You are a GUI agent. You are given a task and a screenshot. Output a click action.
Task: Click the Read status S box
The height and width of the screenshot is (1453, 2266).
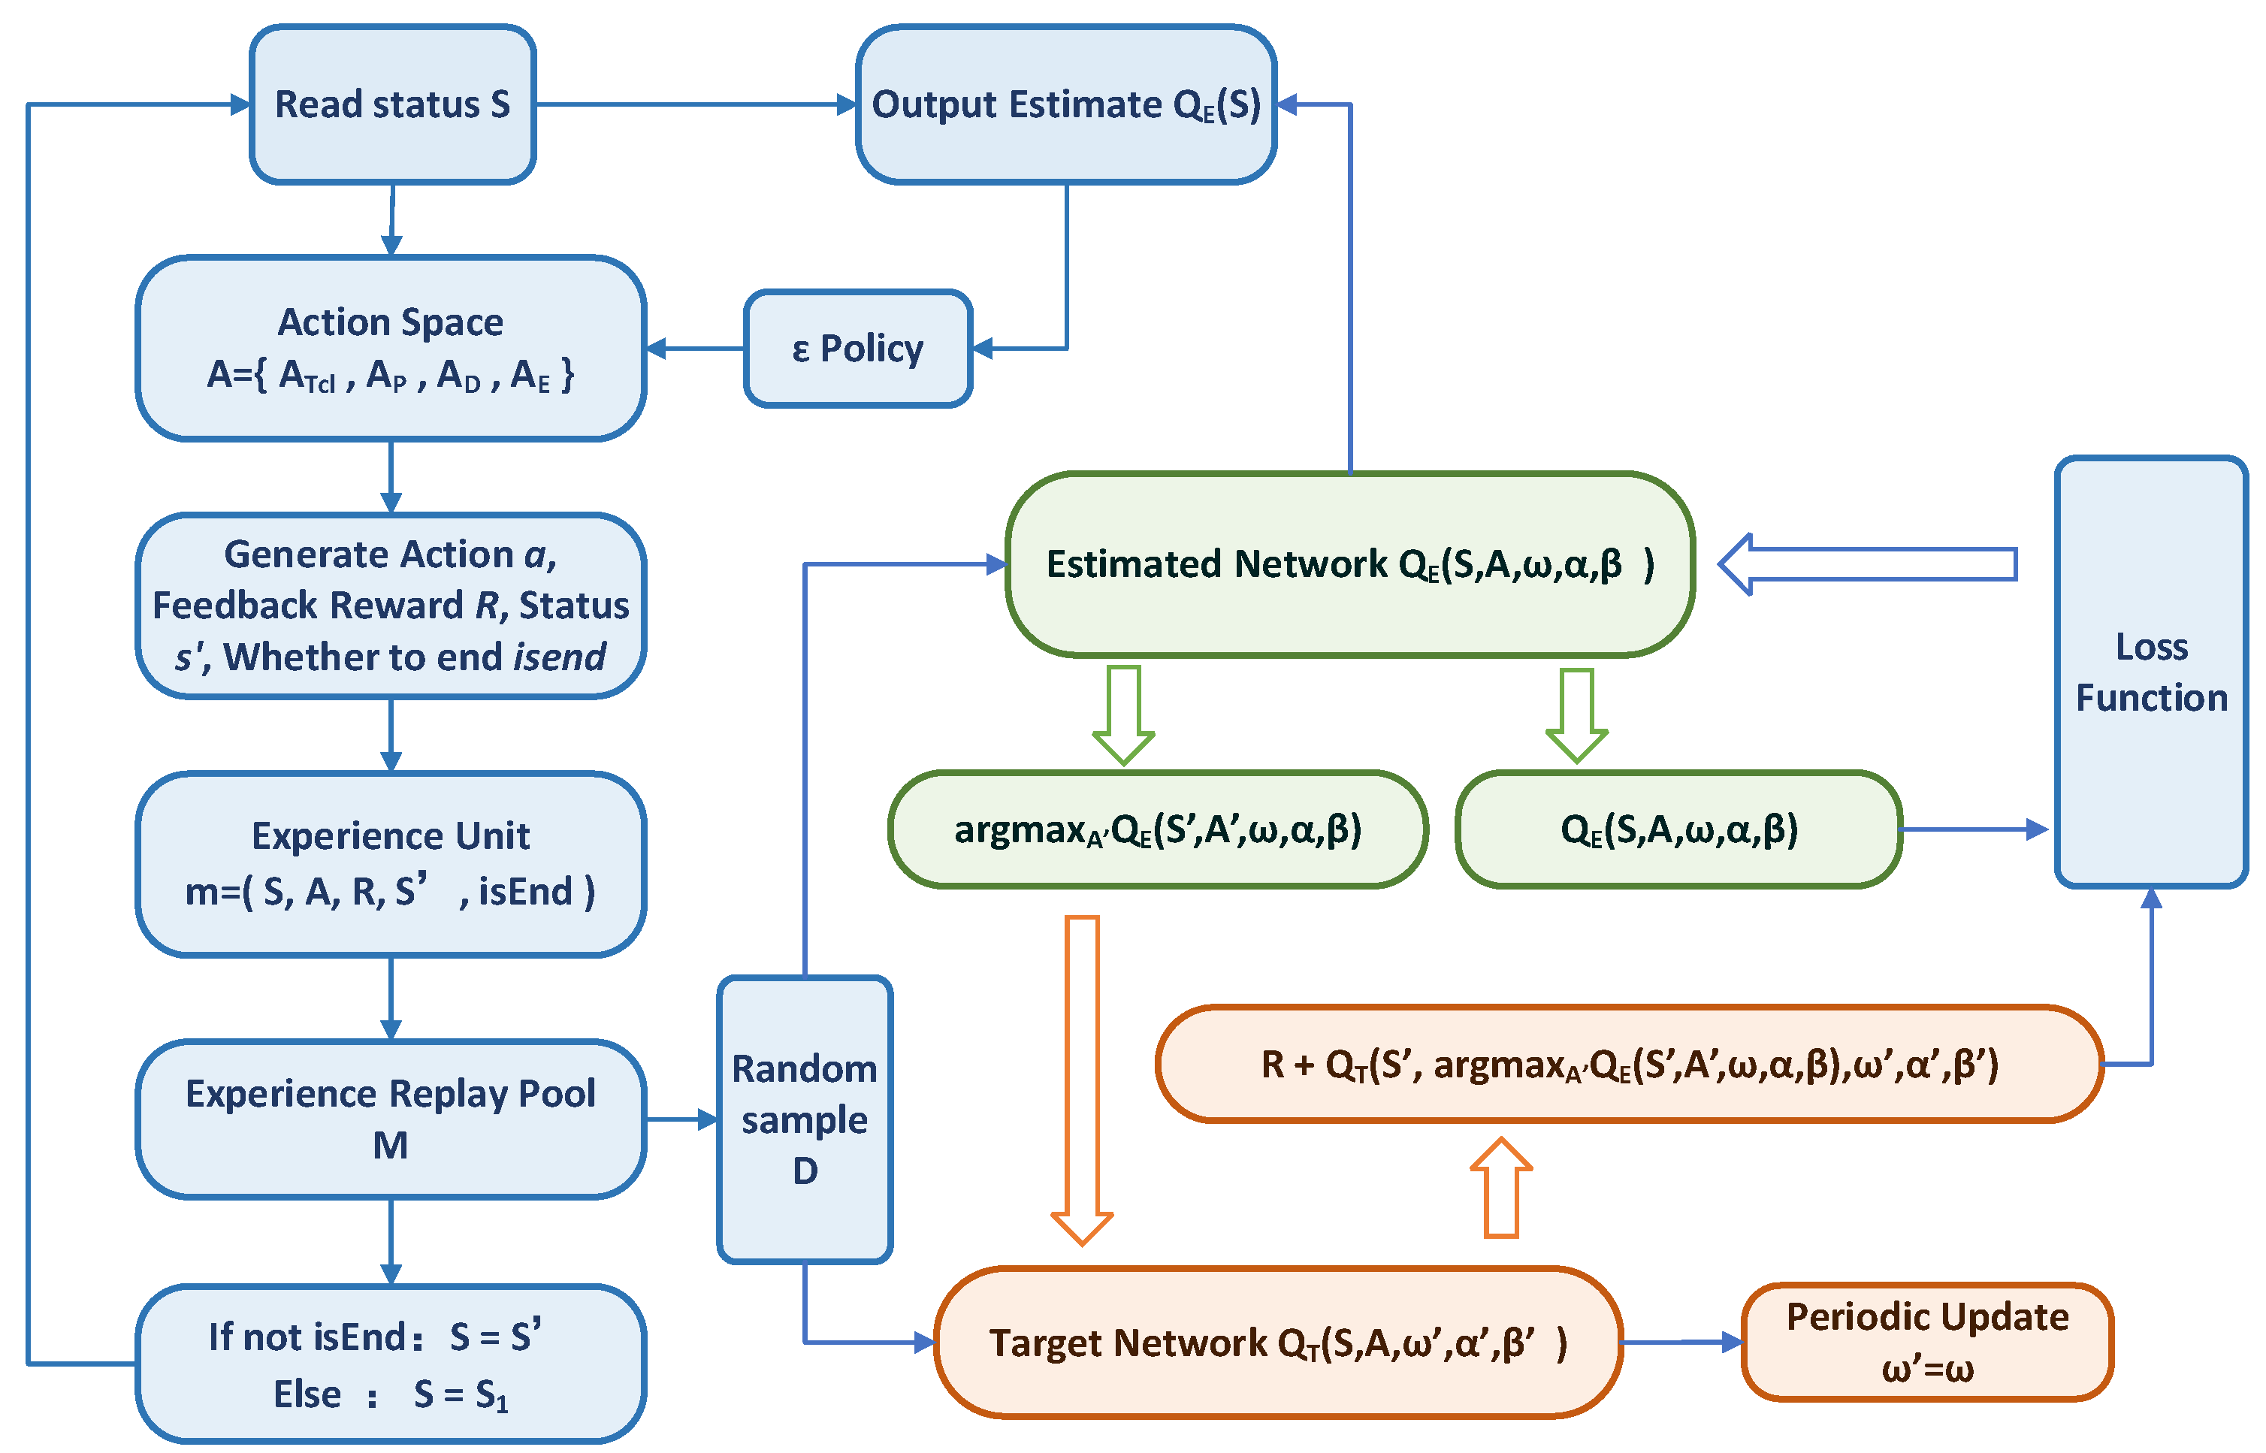click(x=392, y=104)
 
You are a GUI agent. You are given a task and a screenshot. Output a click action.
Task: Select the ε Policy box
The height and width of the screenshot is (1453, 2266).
click(x=857, y=348)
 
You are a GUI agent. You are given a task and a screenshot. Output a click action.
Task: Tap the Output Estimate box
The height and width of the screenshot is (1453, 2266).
click(x=1066, y=104)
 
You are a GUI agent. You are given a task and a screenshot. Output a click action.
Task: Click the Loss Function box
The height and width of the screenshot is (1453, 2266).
click(x=2151, y=672)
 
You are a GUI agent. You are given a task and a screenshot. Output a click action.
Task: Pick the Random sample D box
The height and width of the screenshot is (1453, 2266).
click(x=805, y=1119)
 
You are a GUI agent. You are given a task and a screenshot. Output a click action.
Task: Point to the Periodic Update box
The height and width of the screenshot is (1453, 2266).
click(x=1926, y=1342)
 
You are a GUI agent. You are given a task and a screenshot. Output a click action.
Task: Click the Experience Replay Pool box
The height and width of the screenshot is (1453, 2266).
click(x=391, y=1119)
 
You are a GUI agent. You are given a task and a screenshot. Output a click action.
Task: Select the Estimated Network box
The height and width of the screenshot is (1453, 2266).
click(x=1350, y=564)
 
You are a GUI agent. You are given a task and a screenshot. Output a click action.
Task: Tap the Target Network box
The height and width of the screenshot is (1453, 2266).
click(x=1277, y=1342)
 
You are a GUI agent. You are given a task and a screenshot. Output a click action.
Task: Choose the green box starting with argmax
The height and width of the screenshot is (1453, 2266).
click(x=1158, y=829)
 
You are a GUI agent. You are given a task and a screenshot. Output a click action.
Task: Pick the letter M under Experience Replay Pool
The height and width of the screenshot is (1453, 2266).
click(x=391, y=1146)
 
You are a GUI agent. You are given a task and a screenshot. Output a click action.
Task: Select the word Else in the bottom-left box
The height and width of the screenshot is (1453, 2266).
click(x=307, y=1394)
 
